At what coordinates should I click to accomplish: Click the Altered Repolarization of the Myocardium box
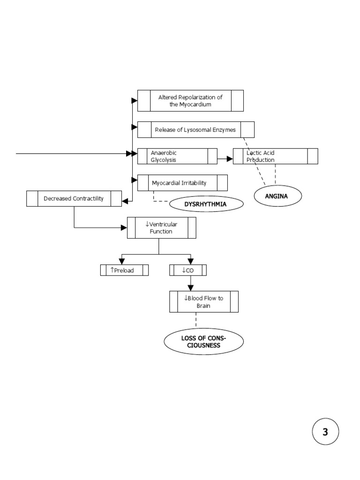coord(190,101)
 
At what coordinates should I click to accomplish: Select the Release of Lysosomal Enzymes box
coord(195,130)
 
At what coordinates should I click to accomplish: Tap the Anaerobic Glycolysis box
coord(177,156)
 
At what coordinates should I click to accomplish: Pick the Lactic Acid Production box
coord(275,156)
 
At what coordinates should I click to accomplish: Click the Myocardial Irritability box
coord(182,183)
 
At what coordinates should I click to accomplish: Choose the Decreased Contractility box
coord(74,199)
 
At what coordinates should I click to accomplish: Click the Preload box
coord(124,270)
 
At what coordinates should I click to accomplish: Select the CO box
coord(187,270)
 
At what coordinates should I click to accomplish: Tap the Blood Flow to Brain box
coord(203,301)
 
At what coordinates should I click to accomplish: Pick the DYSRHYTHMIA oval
coord(207,204)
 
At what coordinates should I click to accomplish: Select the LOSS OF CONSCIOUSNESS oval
coord(203,342)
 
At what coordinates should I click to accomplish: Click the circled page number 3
coord(325,432)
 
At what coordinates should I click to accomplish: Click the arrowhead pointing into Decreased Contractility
coord(125,201)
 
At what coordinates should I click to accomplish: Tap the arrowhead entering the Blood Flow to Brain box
coord(190,288)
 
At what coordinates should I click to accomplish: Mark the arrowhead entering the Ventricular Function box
coord(124,228)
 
